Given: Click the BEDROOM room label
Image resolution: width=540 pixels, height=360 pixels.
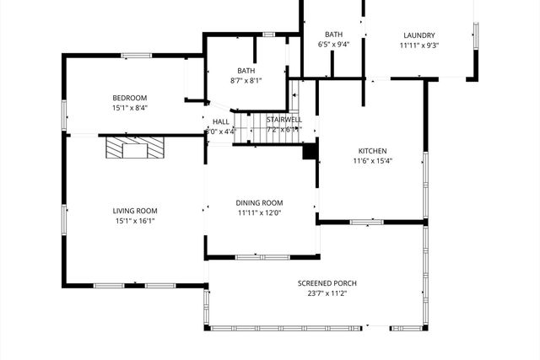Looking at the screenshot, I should pyautogui.click(x=130, y=97).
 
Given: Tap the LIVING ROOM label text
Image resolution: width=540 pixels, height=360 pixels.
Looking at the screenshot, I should pyautogui.click(x=135, y=211).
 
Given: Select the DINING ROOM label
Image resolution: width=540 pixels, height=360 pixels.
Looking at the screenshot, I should pyautogui.click(x=259, y=202).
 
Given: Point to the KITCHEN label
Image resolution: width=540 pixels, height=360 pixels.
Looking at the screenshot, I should pyautogui.click(x=372, y=151).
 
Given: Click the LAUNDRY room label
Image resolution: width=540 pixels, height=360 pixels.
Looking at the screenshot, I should pyautogui.click(x=418, y=35).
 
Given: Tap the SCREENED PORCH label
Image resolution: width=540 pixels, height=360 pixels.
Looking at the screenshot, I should pyautogui.click(x=321, y=283).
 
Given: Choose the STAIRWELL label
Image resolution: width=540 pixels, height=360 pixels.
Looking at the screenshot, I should pyautogui.click(x=284, y=121).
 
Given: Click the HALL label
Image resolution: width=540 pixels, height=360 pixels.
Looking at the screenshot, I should pyautogui.click(x=221, y=121).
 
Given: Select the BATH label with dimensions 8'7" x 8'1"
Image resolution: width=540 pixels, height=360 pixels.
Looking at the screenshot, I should pyautogui.click(x=246, y=71).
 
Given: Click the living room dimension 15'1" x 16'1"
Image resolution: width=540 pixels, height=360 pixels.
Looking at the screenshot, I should pyautogui.click(x=135, y=221).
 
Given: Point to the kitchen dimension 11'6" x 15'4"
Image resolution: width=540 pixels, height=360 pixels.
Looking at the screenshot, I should pyautogui.click(x=372, y=161).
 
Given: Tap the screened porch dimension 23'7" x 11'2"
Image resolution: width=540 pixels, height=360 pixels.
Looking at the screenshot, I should pyautogui.click(x=321, y=293).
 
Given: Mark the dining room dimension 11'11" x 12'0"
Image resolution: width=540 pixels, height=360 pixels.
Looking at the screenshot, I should pyautogui.click(x=259, y=212).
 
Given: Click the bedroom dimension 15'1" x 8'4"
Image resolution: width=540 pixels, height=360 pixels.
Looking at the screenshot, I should pyautogui.click(x=130, y=107).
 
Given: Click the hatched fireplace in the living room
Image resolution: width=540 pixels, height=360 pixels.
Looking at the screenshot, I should pyautogui.click(x=127, y=148).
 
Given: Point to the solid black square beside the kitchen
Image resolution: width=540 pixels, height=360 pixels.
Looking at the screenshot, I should pyautogui.click(x=310, y=152).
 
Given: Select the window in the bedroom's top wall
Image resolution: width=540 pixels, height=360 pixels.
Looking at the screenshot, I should pyautogui.click(x=136, y=56).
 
